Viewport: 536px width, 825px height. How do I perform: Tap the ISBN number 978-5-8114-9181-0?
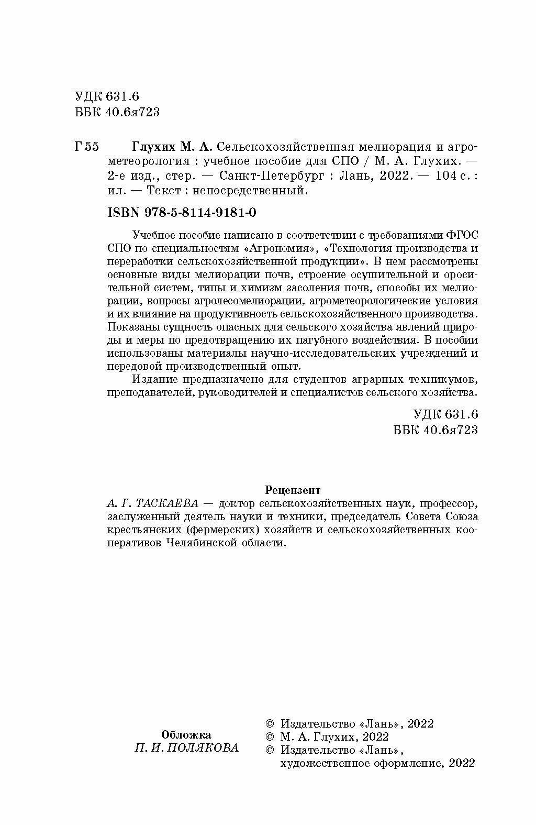202,213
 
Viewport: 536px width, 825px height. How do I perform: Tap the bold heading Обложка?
186,734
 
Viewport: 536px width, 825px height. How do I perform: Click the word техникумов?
443,379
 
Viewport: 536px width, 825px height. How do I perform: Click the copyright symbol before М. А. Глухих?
270,737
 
